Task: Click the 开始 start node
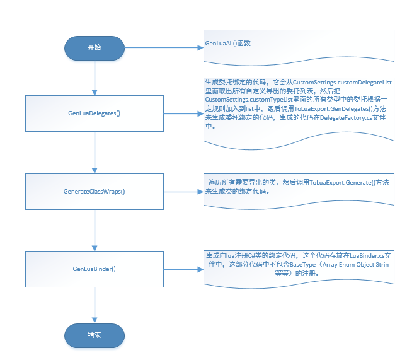94,48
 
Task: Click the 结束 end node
94,335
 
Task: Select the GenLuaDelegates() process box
94,113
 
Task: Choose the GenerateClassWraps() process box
94,191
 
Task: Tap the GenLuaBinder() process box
94,269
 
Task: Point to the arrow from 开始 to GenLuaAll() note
164,48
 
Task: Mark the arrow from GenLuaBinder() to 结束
94,303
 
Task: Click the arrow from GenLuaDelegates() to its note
180,113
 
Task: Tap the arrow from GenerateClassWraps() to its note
180,191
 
